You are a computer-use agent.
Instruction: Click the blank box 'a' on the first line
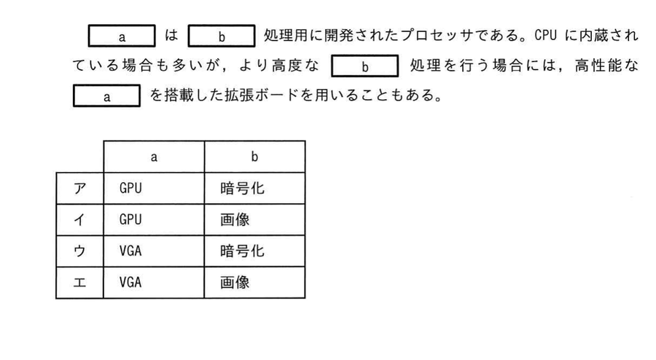(122, 36)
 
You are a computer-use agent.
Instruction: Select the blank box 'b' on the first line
(222, 36)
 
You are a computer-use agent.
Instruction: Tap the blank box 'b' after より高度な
(365, 66)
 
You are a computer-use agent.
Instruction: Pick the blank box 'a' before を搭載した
(106, 96)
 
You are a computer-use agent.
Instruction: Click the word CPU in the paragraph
(545, 36)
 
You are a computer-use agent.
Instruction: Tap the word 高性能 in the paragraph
(598, 66)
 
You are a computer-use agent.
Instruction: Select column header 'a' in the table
(154, 157)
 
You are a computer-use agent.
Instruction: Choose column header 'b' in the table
(255, 157)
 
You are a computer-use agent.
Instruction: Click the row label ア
(79, 189)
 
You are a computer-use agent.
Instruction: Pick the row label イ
(79, 219)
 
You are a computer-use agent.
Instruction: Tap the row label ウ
(79, 251)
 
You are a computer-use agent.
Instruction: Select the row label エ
(79, 283)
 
